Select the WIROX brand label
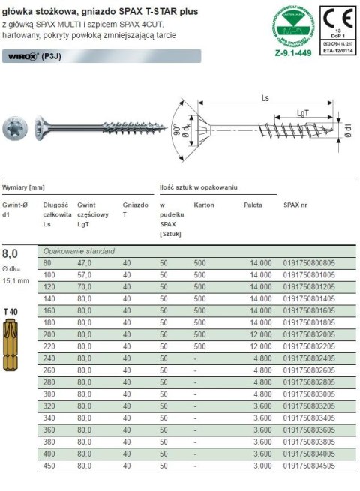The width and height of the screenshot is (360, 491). [21, 55]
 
